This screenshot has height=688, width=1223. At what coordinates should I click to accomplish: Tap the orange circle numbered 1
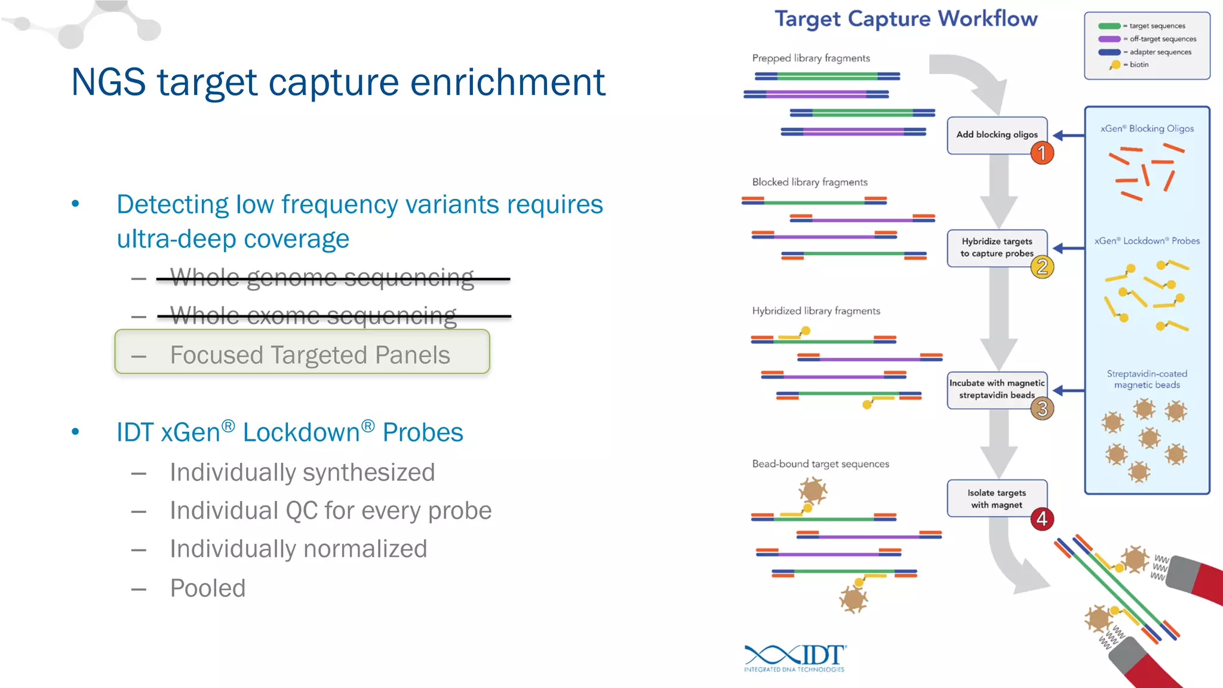[1042, 153]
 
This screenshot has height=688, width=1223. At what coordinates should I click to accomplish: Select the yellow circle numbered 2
[1042, 266]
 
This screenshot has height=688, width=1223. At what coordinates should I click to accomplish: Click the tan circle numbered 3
[1042, 408]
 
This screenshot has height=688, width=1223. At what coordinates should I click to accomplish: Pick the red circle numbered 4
[1042, 518]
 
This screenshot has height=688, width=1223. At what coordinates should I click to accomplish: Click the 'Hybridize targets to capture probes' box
[996, 247]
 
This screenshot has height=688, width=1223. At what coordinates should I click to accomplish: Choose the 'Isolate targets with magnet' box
[996, 498]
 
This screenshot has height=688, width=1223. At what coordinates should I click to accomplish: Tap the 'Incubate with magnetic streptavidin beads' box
[996, 389]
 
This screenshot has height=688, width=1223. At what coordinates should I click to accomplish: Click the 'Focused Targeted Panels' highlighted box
[302, 352]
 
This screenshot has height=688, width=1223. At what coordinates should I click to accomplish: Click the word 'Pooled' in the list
[208, 588]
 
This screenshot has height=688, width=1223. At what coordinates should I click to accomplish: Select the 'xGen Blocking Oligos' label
[1147, 128]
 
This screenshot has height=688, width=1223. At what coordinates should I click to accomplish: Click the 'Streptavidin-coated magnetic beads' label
[1147, 379]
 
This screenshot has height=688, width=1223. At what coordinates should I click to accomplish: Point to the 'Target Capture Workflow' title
[906, 19]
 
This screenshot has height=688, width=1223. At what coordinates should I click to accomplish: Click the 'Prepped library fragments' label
[810, 59]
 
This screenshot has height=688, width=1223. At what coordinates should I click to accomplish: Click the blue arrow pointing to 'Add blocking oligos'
[1069, 136]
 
